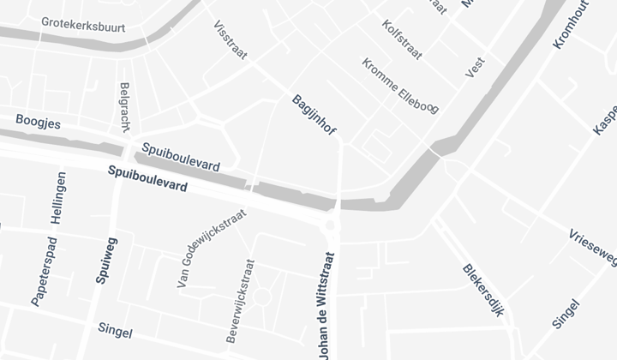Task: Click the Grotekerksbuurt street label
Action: point(83,26)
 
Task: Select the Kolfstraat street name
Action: point(402,40)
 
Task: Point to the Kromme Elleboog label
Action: point(399,86)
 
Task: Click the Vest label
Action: point(475,68)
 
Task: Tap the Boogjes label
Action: point(38,123)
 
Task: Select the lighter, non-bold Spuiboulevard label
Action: point(181,156)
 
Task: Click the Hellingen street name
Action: point(59,198)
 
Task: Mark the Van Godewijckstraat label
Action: point(211,248)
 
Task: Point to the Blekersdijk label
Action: point(482,290)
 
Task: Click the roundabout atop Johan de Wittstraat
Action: point(332,225)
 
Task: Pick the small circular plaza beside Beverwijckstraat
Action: point(262,297)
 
